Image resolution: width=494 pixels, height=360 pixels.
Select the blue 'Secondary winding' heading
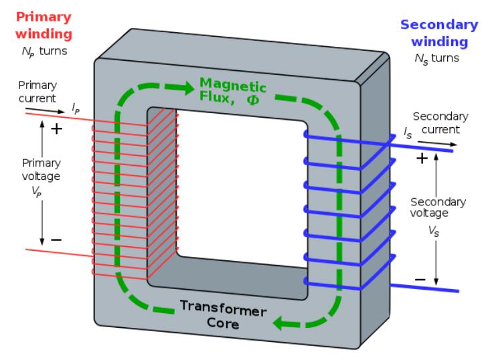click(439, 33)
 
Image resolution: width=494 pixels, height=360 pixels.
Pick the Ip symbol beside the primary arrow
click(76, 105)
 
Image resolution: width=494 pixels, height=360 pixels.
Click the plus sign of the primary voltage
click(56, 128)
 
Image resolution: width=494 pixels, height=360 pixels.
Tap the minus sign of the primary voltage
click(56, 239)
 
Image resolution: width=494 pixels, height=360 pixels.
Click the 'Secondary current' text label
click(436, 122)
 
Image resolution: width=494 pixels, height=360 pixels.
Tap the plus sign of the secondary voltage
click(422, 159)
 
